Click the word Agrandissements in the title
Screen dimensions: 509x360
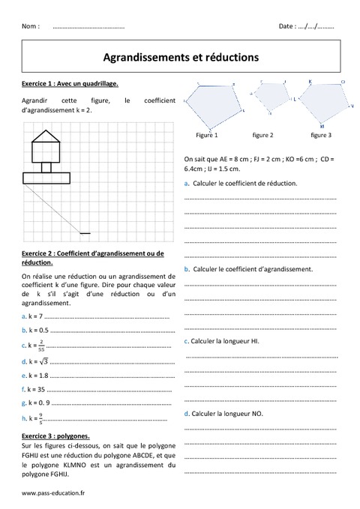click(140, 56)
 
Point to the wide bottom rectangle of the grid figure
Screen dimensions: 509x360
click(46, 178)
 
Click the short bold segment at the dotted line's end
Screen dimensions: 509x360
click(85, 233)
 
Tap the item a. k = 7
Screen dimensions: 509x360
click(33, 316)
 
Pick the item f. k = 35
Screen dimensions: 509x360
click(34, 389)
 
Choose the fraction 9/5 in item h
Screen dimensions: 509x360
click(40, 418)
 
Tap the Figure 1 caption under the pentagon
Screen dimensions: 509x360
click(206, 136)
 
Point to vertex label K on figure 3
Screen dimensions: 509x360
click(310, 80)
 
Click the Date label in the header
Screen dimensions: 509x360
click(286, 25)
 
